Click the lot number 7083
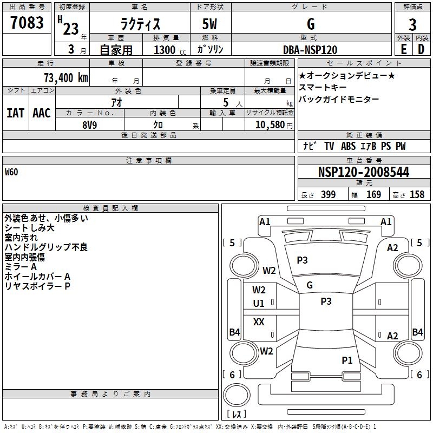(27, 23)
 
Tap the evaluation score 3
(412, 25)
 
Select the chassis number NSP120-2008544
(364, 172)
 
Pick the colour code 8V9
(89, 124)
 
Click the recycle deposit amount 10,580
(268, 124)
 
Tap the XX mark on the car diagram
(259, 322)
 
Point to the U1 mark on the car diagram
(259, 304)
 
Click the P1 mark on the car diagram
(347, 360)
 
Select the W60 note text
(11, 173)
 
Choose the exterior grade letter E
(403, 50)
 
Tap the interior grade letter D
(421, 50)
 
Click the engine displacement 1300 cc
(166, 50)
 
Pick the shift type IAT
(15, 113)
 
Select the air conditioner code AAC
(41, 113)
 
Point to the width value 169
(373, 195)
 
